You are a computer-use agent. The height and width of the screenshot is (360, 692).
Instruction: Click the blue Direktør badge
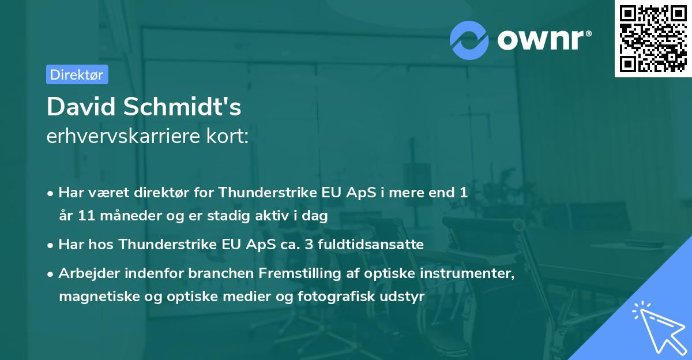(77, 74)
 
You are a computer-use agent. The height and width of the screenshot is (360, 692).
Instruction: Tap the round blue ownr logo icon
(469, 40)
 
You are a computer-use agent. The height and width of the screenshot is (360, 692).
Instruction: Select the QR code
(653, 39)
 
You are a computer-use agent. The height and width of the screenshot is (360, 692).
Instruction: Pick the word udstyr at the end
(405, 297)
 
